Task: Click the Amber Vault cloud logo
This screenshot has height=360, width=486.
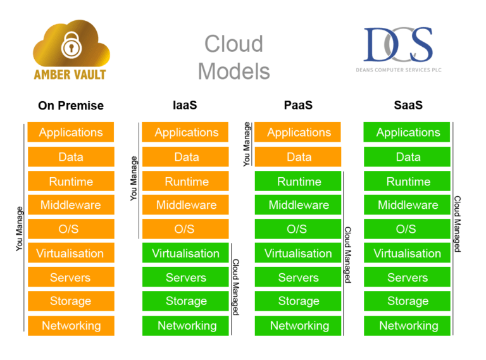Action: coord(70,51)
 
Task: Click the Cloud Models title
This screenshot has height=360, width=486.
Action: coord(234,58)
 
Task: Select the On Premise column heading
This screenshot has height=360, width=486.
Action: coord(70,106)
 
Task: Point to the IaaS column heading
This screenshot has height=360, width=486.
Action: coord(185,105)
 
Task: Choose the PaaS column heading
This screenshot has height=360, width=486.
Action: coord(298,105)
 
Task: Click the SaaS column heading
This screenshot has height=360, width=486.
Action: coord(408,105)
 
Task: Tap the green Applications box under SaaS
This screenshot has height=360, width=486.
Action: coord(407,132)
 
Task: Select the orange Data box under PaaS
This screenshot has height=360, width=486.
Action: coord(298,157)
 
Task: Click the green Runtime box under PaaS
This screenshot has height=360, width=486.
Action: coord(298,182)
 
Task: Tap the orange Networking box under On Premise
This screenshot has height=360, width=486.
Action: coord(71,326)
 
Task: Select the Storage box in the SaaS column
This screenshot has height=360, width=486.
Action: coord(407,301)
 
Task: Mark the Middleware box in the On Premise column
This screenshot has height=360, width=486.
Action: coord(71,205)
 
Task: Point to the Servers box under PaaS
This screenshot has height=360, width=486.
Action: coord(298,278)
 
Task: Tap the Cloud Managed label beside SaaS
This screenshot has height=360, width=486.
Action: coord(458,223)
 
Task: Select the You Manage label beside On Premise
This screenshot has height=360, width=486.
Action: coord(19,228)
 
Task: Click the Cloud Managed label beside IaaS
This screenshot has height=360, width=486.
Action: coord(235,287)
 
